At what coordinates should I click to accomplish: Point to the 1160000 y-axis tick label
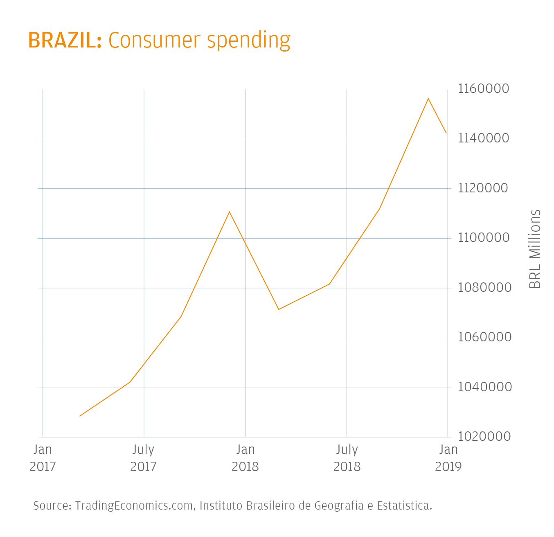click(484, 88)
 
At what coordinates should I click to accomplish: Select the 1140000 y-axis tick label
click(484, 138)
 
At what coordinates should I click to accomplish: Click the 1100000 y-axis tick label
click(484, 238)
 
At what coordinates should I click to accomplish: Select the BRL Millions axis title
click(535, 249)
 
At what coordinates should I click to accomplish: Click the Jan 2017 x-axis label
click(43, 458)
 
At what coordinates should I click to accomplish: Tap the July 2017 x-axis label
click(143, 458)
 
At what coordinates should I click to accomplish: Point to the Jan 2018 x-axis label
click(245, 458)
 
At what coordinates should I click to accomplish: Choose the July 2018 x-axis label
click(347, 458)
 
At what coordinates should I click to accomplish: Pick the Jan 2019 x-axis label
click(448, 458)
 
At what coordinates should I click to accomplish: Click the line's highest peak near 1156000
click(428, 99)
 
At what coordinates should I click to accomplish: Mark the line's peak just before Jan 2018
click(230, 212)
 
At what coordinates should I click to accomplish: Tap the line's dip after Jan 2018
click(279, 309)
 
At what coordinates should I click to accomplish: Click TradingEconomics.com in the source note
click(134, 506)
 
